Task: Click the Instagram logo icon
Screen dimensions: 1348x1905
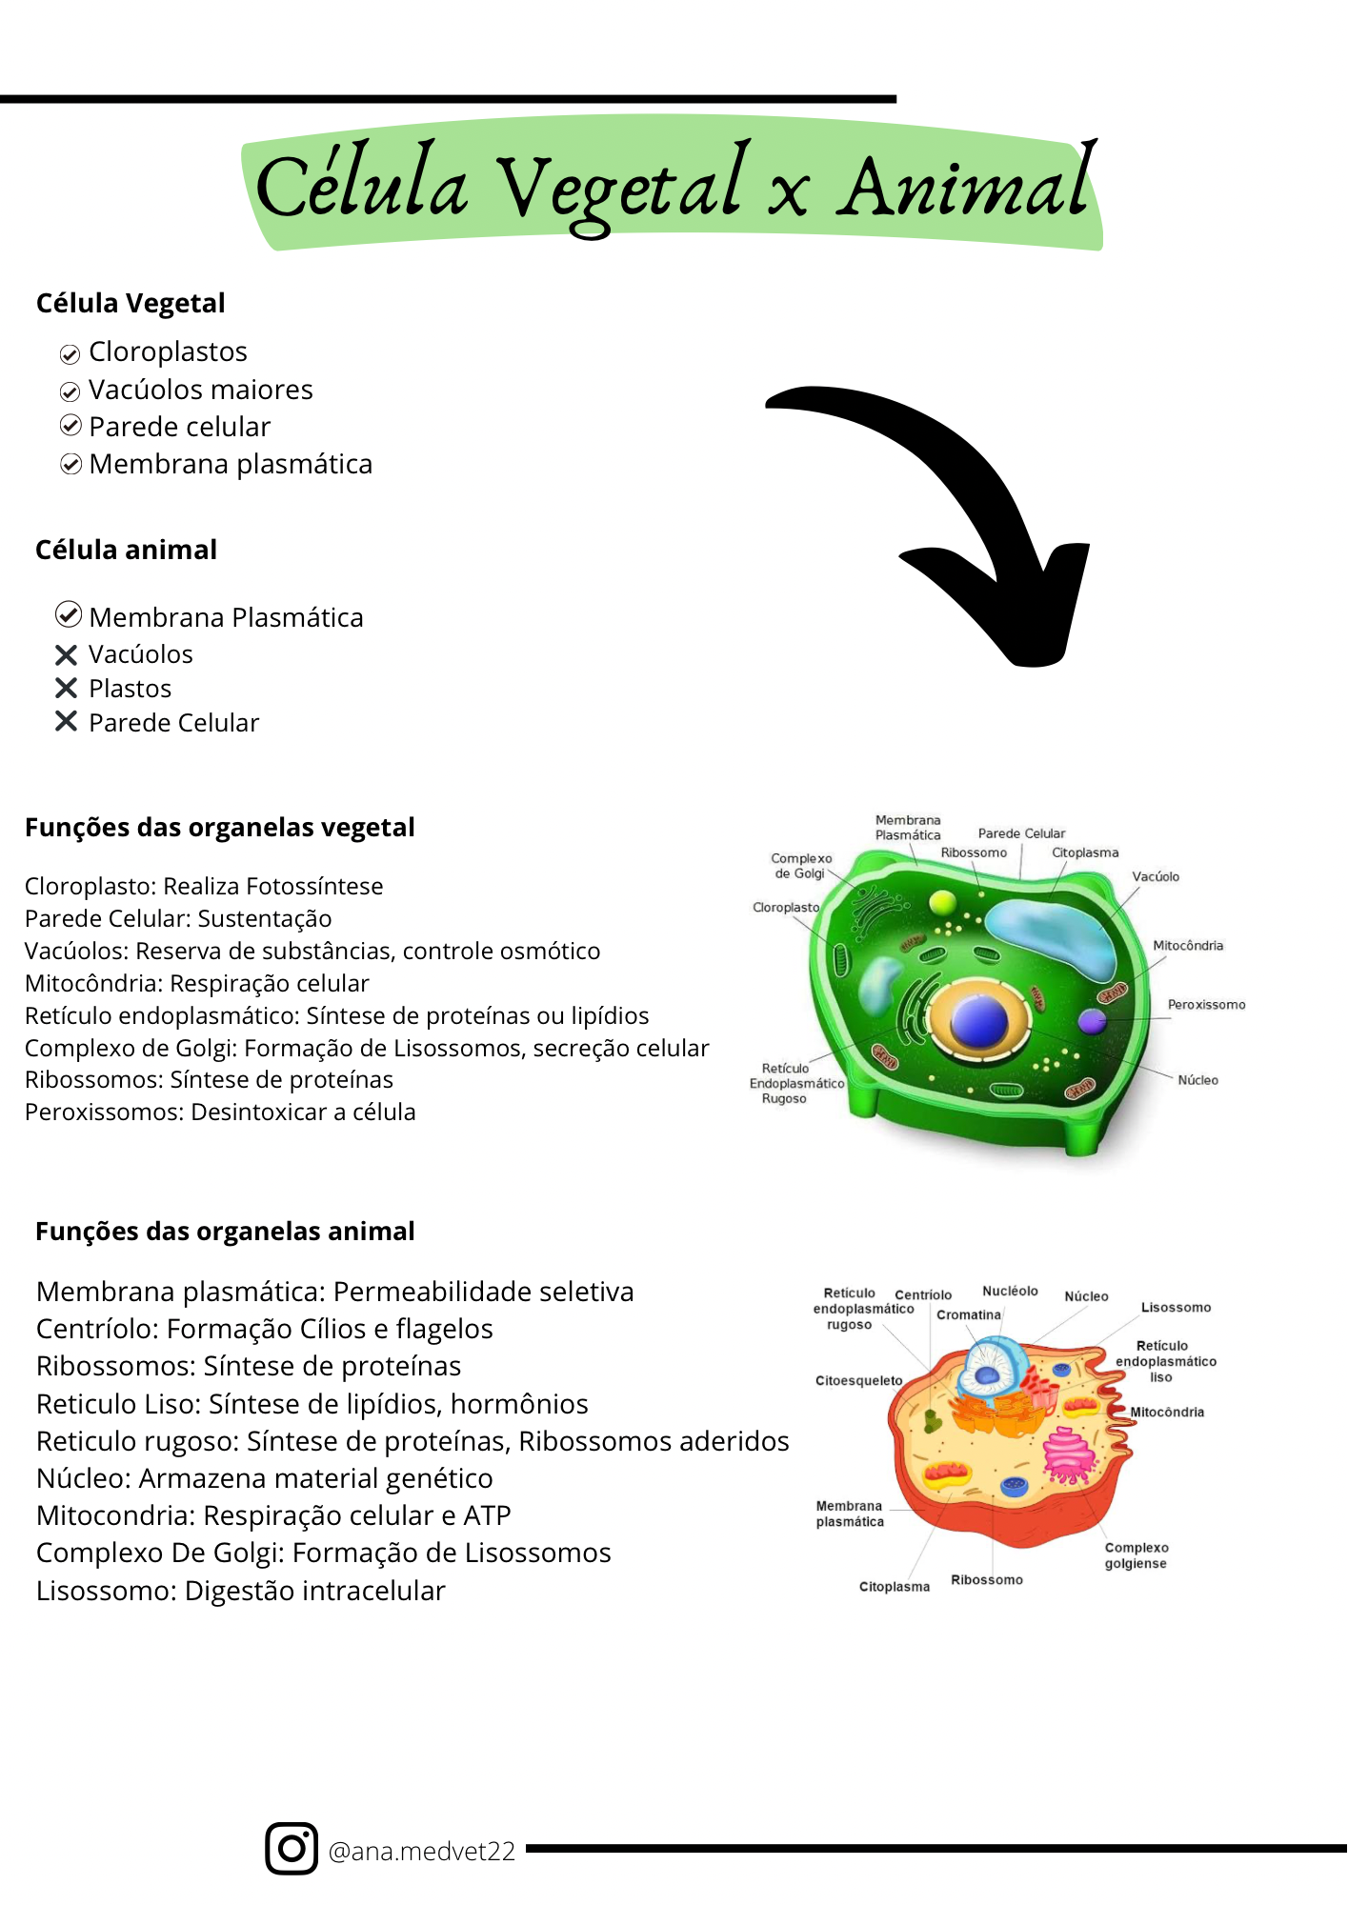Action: (x=292, y=1849)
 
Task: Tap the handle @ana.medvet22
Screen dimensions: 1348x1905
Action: (x=421, y=1851)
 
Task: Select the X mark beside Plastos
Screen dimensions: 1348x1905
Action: (x=66, y=688)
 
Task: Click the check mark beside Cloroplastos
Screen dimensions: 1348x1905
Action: (x=70, y=354)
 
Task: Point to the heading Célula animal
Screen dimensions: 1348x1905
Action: (x=127, y=550)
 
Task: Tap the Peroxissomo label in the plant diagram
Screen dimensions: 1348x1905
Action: (x=1206, y=1004)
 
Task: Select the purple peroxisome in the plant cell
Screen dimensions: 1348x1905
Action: (x=1092, y=1021)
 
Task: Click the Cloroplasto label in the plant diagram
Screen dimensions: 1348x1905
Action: (x=786, y=907)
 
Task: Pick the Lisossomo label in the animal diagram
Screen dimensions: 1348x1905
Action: (x=1176, y=1307)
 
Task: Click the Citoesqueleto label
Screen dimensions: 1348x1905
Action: (x=858, y=1380)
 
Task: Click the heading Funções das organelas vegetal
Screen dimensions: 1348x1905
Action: (x=220, y=827)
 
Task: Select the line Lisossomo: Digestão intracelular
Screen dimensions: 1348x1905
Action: (x=241, y=1591)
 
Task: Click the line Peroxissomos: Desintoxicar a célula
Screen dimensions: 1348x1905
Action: (x=220, y=1112)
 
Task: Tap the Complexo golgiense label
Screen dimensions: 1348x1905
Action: (x=1136, y=1555)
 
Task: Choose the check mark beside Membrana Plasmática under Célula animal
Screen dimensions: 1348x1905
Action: (x=69, y=615)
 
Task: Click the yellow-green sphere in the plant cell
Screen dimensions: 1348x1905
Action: (x=942, y=901)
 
